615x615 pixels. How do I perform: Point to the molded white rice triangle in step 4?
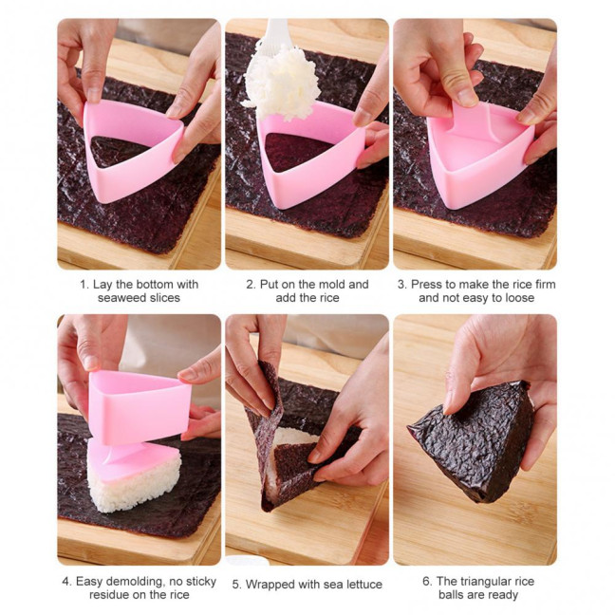(133, 475)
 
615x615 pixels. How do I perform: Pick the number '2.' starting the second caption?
(252, 284)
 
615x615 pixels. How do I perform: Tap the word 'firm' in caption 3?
(542, 284)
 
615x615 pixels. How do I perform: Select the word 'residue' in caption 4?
(112, 595)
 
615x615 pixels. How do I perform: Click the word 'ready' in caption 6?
(499, 595)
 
